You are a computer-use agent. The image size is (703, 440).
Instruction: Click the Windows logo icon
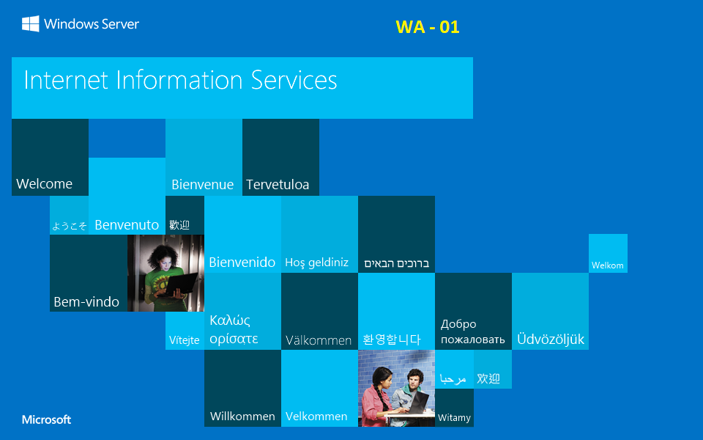(30, 24)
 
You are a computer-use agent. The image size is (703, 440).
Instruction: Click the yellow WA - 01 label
(427, 27)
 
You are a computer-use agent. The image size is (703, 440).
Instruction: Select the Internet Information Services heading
(180, 80)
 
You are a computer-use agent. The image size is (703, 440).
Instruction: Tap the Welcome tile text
(44, 183)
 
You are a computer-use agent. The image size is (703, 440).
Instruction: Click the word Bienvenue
(202, 185)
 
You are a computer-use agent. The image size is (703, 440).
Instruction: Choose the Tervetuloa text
(278, 185)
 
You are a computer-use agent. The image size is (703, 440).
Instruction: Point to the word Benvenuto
(127, 225)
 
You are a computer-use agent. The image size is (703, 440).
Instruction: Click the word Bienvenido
(242, 262)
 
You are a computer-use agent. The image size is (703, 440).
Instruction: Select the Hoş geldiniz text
(316, 263)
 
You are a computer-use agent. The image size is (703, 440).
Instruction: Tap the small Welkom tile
(607, 265)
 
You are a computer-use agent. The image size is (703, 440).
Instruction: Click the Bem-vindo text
(86, 301)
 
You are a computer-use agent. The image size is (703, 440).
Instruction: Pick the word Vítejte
(184, 340)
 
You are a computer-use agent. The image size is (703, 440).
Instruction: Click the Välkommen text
(319, 340)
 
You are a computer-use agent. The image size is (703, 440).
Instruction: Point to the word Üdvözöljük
(551, 339)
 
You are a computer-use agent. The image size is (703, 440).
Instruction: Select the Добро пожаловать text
(472, 331)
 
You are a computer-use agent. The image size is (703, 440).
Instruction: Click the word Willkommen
(242, 416)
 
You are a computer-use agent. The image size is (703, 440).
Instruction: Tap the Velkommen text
(316, 416)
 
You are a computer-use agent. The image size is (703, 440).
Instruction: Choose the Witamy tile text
(454, 418)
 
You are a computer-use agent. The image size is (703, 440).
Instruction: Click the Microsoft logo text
(46, 419)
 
